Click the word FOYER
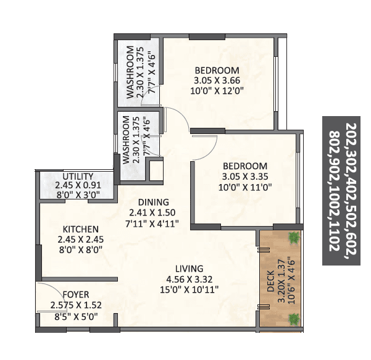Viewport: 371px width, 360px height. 75,295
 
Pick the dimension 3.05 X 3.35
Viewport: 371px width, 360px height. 245,176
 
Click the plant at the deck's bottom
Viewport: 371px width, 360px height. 292,319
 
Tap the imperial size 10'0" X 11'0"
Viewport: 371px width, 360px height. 245,186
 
